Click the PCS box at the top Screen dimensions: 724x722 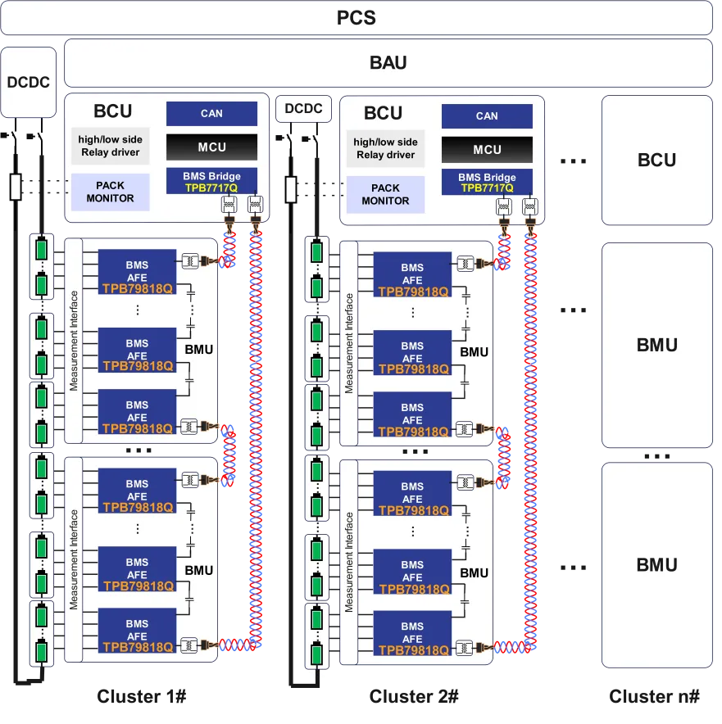point(356,17)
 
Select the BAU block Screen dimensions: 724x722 point(388,63)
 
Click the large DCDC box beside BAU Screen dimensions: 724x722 point(29,82)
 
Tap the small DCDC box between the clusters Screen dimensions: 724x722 point(303,109)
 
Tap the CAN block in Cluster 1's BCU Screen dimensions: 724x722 point(211,114)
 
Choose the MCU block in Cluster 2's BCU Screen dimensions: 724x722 point(487,150)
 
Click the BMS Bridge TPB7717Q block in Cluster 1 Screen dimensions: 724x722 point(211,182)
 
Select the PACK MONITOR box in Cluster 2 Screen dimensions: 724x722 point(385,194)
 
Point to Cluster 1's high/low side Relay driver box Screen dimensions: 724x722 point(110,147)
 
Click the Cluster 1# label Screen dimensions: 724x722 point(142,697)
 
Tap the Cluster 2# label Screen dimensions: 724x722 point(413,697)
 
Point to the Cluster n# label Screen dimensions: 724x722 point(654,697)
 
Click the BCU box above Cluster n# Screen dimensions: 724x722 point(656,161)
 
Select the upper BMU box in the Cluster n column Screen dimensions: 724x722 point(656,345)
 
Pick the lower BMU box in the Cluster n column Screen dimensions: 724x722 point(656,565)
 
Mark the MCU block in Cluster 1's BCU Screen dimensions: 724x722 point(211,147)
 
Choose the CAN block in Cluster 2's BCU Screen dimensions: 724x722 point(487,116)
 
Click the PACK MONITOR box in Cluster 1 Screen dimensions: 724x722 point(110,192)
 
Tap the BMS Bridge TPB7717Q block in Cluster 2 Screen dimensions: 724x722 point(487,182)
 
